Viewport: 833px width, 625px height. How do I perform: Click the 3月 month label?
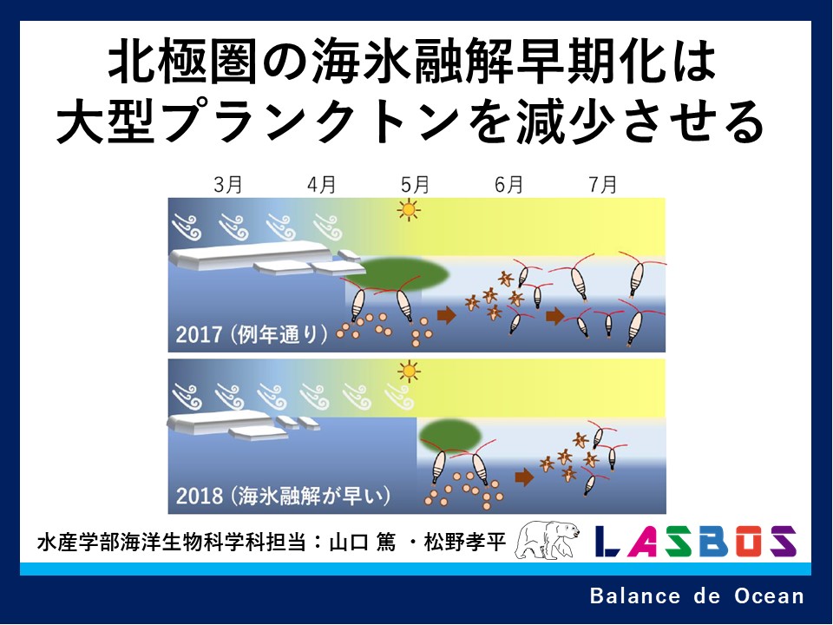[x=228, y=184]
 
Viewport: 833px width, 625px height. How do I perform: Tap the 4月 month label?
[x=321, y=184]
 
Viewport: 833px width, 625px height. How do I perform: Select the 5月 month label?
[x=415, y=184]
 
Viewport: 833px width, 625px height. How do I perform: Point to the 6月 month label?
[x=508, y=184]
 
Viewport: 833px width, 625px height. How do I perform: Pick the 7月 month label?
[x=602, y=184]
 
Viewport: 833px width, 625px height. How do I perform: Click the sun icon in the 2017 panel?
[x=409, y=210]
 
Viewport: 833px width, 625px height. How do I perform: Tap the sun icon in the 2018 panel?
[x=409, y=372]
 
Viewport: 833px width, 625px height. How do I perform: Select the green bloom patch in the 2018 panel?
[x=450, y=435]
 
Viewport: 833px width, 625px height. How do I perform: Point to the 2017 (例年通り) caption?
[x=252, y=334]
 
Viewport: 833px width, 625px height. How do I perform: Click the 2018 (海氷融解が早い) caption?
[x=283, y=496]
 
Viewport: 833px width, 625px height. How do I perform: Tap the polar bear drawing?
[x=548, y=540]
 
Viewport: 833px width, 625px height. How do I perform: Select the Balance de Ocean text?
[x=697, y=595]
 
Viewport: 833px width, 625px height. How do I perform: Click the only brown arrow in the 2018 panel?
[x=524, y=477]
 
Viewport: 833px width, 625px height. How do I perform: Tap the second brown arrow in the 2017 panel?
[x=555, y=316]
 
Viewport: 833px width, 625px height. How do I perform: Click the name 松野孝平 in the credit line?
[x=464, y=542]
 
